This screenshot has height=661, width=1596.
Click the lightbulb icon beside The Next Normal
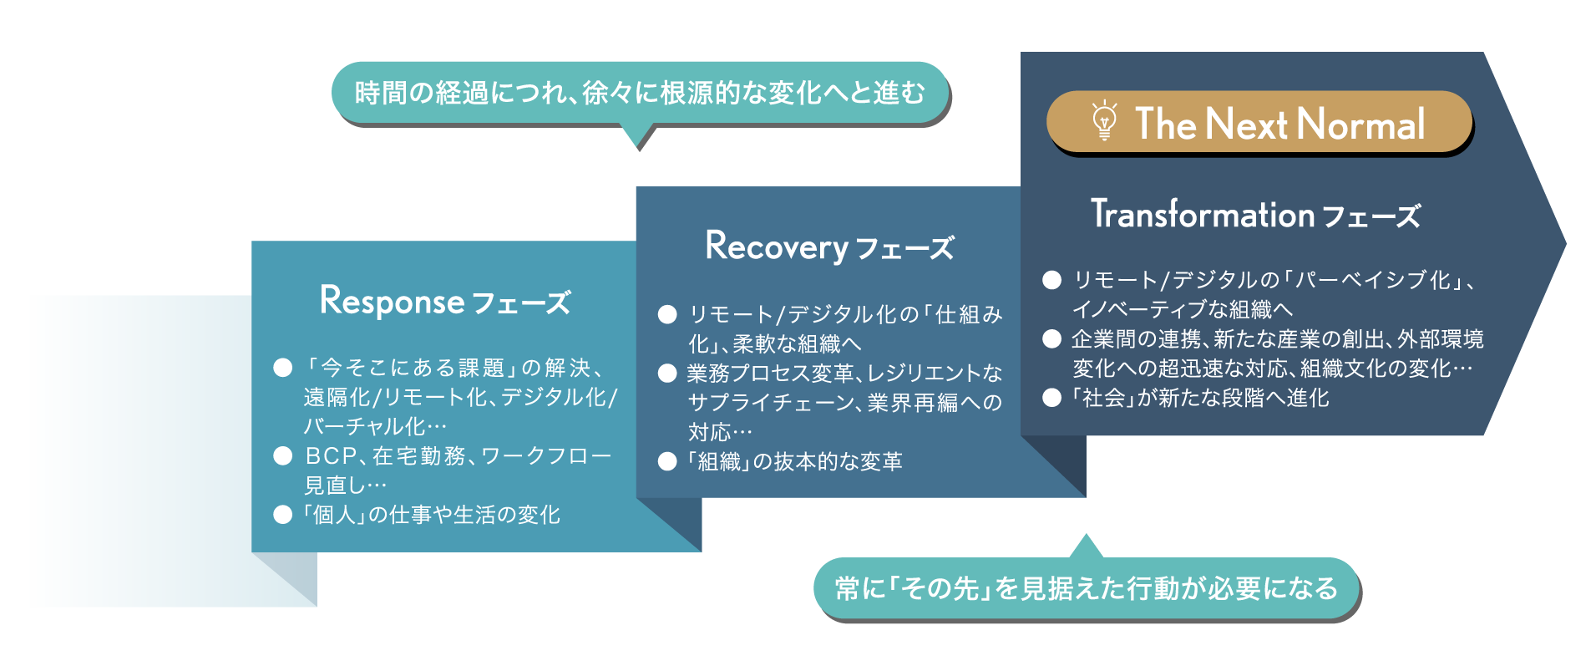pos(1104,121)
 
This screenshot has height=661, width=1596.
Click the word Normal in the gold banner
pos(1361,124)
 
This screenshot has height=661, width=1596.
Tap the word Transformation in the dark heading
pos(1203,214)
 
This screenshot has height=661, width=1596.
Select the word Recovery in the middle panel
pos(777,247)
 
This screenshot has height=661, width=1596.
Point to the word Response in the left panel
pos(392,301)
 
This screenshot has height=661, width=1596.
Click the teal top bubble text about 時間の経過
pos(640,93)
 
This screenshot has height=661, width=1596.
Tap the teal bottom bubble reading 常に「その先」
pos(1086,588)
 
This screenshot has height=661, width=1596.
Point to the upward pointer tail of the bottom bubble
pos(1086,547)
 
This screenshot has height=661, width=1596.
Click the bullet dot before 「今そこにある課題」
pos(283,368)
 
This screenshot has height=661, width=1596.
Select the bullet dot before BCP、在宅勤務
pos(283,455)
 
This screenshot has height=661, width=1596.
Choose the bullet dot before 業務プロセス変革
pos(666,374)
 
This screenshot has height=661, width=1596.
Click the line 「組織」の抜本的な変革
pos(794,461)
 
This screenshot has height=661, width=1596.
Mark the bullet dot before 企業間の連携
pos(1051,339)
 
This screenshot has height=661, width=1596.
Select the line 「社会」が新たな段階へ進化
pos(1200,398)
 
